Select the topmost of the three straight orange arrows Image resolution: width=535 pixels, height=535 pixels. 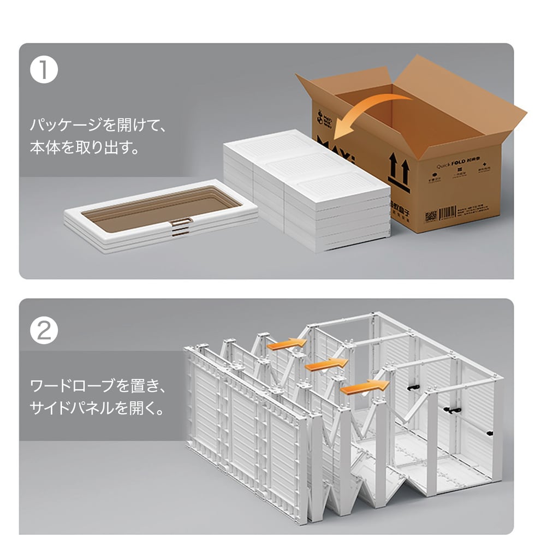coord(287,343)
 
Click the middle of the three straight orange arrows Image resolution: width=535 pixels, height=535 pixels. coord(326,364)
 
